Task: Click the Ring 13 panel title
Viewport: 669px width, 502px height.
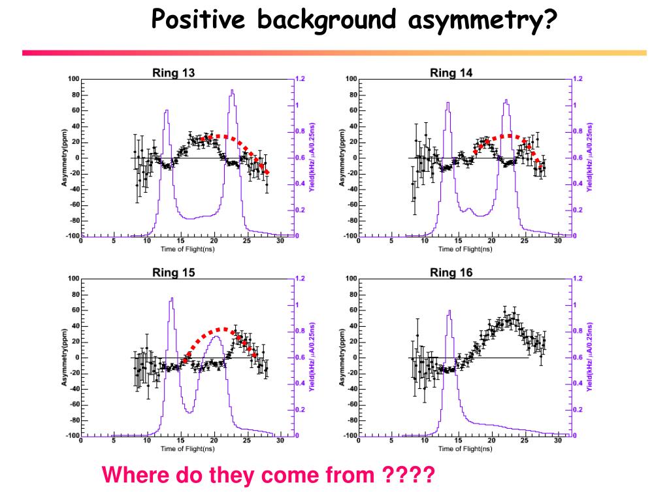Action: click(173, 73)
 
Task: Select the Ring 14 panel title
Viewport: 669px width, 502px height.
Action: click(451, 73)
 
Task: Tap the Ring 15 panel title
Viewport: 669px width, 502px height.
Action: click(173, 273)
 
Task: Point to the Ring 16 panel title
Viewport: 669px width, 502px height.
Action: click(451, 273)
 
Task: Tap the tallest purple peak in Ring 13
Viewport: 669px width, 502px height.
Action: click(232, 93)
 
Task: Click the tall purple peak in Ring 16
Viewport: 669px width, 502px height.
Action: click(449, 313)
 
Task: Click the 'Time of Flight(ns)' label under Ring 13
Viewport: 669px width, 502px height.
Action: click(188, 249)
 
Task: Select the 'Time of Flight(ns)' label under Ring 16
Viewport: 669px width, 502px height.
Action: click(465, 449)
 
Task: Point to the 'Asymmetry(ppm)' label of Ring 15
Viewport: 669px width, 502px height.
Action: click(65, 357)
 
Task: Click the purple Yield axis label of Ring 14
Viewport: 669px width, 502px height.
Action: click(589, 157)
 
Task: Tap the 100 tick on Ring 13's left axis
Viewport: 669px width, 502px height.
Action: click(73, 79)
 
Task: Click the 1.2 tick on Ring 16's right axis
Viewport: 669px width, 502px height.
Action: click(578, 278)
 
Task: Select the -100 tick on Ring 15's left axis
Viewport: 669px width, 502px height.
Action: click(71, 435)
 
